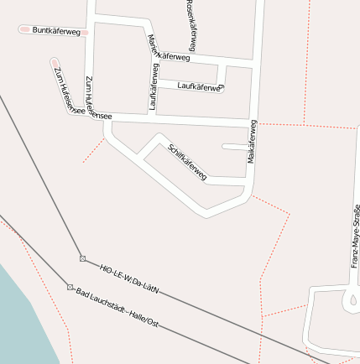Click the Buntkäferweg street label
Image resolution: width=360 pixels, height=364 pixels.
(55, 31)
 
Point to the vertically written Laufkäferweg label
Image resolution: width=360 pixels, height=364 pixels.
(154, 87)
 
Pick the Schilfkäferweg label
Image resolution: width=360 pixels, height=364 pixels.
(188, 161)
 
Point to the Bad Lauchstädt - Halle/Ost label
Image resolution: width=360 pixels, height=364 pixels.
(117, 308)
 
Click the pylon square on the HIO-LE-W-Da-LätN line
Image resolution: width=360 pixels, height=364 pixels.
(82, 258)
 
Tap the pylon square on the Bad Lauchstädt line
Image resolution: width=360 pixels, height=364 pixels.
(70, 287)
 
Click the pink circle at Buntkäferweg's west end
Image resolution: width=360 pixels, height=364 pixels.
(23, 30)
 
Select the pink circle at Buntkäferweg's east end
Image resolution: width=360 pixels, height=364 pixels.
(86, 32)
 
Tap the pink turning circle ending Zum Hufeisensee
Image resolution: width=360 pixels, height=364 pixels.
(55, 61)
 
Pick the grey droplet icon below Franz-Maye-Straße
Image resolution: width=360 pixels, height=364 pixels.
(352, 299)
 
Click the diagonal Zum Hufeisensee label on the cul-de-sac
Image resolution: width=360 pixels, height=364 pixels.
(66, 91)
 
